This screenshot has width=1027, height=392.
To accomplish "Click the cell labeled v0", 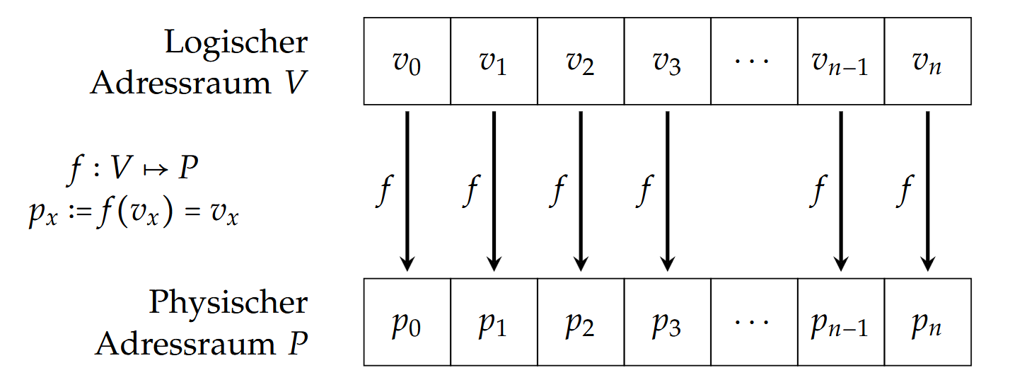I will (407, 62).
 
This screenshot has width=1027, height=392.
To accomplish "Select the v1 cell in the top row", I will (494, 62).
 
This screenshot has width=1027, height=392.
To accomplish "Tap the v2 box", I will (581, 62).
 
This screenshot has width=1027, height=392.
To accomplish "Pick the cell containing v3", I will (668, 62).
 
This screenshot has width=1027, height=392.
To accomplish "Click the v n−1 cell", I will (841, 62).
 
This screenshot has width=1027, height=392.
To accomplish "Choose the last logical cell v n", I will (927, 62).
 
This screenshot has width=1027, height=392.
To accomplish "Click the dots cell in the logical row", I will (754, 62).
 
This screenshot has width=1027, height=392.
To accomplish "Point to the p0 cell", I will (407, 322).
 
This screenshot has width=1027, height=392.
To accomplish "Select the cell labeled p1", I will (494, 322).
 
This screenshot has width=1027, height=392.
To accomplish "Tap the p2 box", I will (581, 322).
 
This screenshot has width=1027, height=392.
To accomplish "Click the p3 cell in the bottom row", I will (668, 322).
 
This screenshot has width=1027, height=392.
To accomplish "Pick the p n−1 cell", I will (841, 322).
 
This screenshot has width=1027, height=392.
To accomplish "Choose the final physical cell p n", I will (927, 322).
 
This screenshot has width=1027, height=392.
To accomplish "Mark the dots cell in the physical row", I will (754, 322).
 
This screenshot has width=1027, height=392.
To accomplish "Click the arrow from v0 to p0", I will (407, 191).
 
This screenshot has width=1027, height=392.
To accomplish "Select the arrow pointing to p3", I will (668, 191).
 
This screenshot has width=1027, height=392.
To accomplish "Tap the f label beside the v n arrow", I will (904, 191).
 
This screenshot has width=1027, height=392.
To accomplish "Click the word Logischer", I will (236, 43).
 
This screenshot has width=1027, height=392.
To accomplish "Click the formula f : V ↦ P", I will (132, 170).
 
